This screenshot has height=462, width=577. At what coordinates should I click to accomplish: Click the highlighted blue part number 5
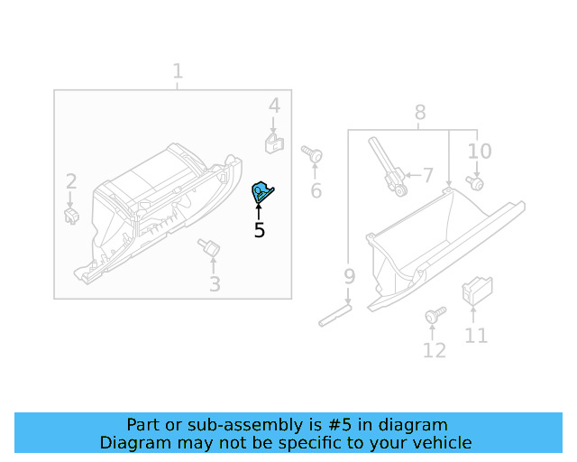[261, 191]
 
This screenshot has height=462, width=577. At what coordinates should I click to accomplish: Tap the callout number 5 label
[260, 231]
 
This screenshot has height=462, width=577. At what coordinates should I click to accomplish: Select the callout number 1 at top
[178, 71]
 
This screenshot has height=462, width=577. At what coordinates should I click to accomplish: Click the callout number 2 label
[70, 182]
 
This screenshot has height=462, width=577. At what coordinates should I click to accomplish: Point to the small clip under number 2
[71, 216]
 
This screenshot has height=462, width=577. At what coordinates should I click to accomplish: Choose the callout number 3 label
[215, 285]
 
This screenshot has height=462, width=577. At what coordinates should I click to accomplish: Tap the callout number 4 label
[274, 106]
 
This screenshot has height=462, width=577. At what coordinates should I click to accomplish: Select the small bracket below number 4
[274, 142]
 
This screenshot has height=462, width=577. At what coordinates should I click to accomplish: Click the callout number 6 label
[316, 190]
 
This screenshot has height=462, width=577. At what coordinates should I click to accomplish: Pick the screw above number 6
[313, 154]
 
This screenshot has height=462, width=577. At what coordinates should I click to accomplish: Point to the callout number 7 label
[428, 174]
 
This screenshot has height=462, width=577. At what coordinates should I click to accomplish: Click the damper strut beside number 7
[385, 165]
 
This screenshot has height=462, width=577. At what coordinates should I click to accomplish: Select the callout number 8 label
[420, 113]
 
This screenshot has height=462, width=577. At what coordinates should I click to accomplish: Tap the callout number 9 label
[349, 275]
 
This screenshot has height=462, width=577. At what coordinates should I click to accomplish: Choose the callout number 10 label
[480, 151]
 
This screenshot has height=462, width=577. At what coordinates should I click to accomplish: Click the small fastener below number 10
[475, 183]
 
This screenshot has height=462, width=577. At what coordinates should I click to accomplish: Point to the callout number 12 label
[435, 350]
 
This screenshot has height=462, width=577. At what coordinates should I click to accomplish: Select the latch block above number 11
[474, 290]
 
